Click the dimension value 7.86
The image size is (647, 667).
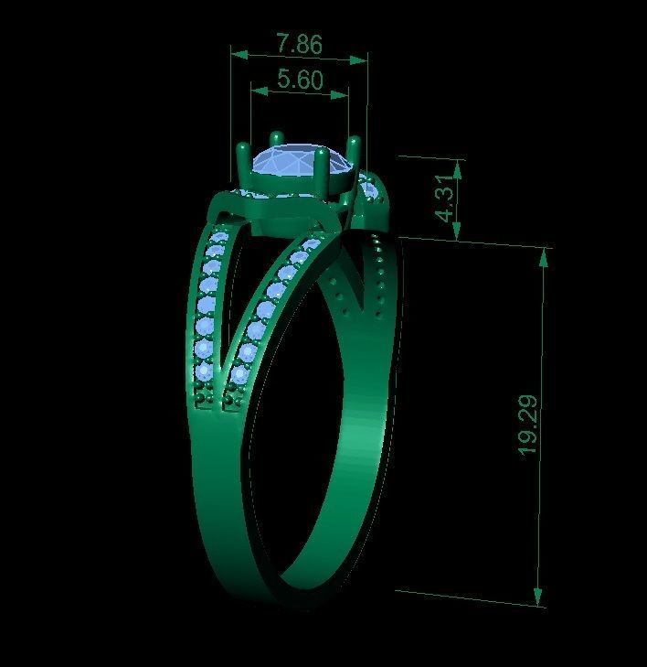(x=298, y=43)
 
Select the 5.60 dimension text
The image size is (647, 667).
(x=299, y=81)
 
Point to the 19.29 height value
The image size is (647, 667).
(x=527, y=425)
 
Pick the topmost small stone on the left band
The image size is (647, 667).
(x=217, y=240)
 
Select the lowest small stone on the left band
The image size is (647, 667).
(x=202, y=372)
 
